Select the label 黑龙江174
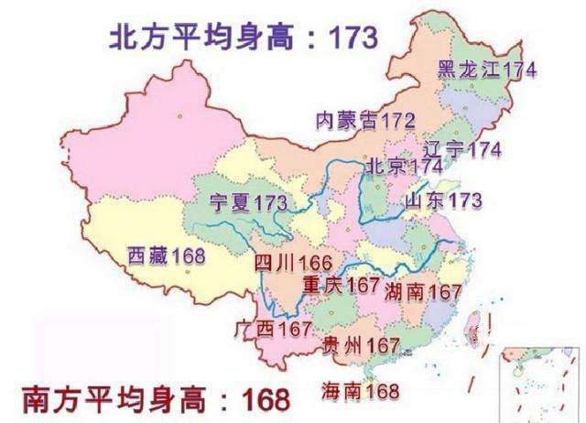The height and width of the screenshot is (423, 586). point(486,70)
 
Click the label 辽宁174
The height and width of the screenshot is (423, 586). point(463,149)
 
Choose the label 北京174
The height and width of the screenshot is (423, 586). point(404,168)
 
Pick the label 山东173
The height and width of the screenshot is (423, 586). point(444,200)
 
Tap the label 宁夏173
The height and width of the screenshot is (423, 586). point(248,202)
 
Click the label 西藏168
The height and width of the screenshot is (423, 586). point(166,254)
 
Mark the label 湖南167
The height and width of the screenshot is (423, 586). point(423,291)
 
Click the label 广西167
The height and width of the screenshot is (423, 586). point(274,328)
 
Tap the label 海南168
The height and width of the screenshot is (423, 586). point(360,392)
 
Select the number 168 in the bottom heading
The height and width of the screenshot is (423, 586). point(265,400)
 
